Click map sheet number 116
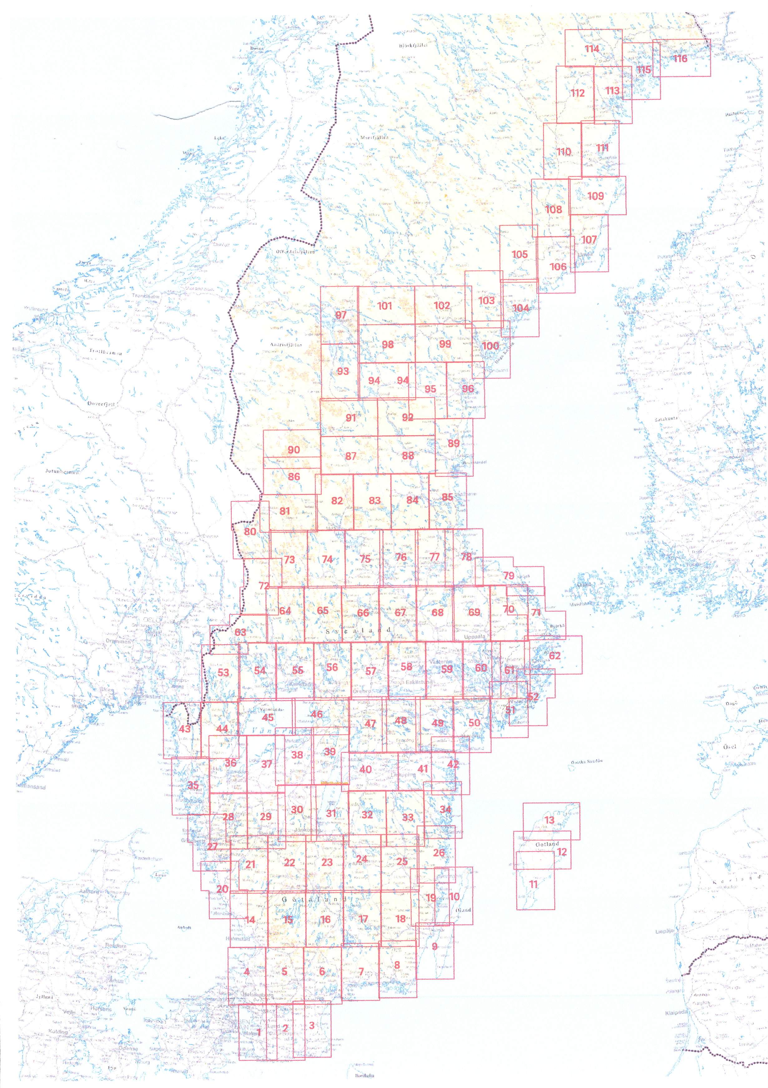click(680, 59)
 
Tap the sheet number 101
click(385, 306)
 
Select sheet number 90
click(294, 450)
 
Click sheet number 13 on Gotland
click(549, 820)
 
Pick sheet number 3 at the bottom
click(312, 1025)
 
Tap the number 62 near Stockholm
click(555, 656)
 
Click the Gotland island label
click(547, 844)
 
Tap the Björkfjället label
click(413, 46)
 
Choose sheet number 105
click(519, 254)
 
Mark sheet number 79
click(508, 575)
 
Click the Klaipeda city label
click(676, 1013)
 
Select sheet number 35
click(193, 785)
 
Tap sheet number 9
click(435, 946)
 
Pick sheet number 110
click(563, 152)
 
